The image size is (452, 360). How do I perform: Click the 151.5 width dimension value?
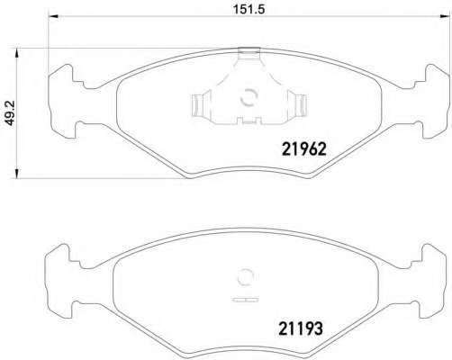click(x=249, y=9)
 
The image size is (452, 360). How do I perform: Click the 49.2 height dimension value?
click(x=10, y=112)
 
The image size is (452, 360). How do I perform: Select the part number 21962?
click(x=303, y=148)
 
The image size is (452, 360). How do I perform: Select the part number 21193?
click(x=301, y=328)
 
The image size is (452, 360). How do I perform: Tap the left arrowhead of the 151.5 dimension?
click(x=53, y=16)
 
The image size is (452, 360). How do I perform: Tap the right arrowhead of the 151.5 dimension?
click(x=442, y=16)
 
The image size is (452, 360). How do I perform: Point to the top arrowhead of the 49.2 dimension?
click(x=17, y=53)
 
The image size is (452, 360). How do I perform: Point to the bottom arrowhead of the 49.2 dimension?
click(x=17, y=174)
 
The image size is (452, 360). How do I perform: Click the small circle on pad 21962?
click(x=249, y=98)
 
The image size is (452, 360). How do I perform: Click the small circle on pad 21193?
click(x=246, y=277)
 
